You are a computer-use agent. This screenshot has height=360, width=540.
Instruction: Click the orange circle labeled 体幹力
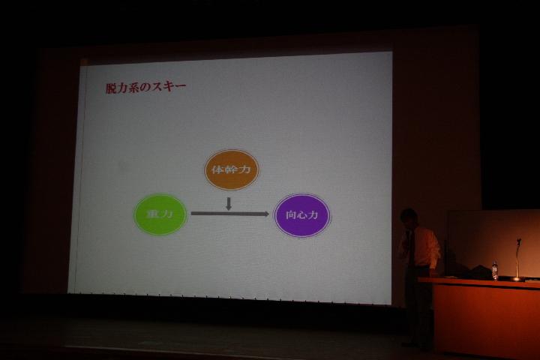point(231,169)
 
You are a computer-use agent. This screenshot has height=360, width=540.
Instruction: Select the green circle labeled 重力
point(160,214)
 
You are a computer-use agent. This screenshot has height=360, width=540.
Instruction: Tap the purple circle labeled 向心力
point(302,215)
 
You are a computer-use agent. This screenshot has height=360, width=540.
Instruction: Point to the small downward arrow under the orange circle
point(228,204)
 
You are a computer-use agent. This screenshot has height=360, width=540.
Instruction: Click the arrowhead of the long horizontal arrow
point(265,214)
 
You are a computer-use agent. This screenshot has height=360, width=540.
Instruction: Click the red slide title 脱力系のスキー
point(145,88)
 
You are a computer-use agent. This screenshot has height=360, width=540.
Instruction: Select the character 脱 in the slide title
point(111,88)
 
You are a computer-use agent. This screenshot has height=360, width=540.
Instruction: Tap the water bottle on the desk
point(495,271)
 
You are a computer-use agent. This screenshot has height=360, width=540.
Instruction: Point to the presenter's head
point(409,217)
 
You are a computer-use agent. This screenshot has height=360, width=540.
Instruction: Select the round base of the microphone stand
point(517,279)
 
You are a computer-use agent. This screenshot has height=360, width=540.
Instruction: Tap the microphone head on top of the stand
point(519,241)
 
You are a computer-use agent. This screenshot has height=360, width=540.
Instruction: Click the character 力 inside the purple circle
point(312,215)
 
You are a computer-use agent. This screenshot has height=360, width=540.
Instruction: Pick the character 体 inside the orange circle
point(217,169)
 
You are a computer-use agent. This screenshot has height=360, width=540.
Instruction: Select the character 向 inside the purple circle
point(291,215)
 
